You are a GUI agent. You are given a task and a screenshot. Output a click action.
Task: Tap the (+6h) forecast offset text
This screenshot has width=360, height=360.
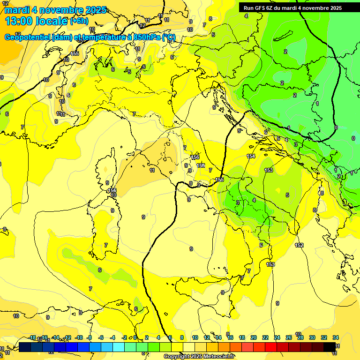(79, 21)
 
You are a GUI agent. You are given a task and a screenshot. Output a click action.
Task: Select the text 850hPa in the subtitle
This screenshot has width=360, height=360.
(147, 37)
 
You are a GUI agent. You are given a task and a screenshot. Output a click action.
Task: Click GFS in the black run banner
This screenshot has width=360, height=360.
(261, 7)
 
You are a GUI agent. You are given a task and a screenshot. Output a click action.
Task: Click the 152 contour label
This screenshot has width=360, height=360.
(299, 245)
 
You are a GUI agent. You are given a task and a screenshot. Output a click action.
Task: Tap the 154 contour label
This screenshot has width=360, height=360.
(251, 156)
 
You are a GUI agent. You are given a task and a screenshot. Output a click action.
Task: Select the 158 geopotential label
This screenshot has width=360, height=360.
(201, 165)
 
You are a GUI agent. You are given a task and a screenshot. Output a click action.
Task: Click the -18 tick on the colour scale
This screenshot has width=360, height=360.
(32, 337)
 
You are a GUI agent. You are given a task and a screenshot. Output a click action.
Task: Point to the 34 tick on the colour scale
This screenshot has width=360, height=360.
(336, 337)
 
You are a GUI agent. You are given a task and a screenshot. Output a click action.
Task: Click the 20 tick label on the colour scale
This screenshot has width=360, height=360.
(253, 337)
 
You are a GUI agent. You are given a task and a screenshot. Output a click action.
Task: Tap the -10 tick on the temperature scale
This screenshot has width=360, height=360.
(79, 337)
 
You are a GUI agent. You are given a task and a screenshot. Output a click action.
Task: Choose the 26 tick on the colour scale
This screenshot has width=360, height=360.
(288, 337)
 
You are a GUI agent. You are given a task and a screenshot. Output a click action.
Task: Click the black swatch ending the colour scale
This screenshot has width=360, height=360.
(330, 346)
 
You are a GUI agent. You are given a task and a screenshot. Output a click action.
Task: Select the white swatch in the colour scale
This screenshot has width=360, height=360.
(189, 346)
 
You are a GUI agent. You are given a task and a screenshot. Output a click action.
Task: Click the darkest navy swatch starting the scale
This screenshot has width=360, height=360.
(25, 346)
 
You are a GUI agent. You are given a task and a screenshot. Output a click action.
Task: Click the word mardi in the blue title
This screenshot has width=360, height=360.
(17, 10)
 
